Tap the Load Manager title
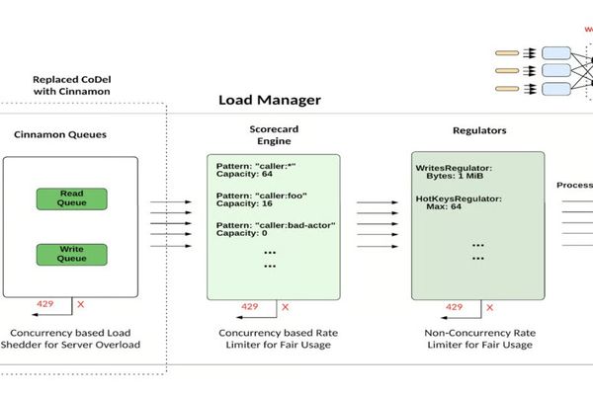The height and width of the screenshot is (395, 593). pyautogui.click(x=269, y=101)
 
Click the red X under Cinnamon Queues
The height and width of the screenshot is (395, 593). pyautogui.click(x=80, y=304)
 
